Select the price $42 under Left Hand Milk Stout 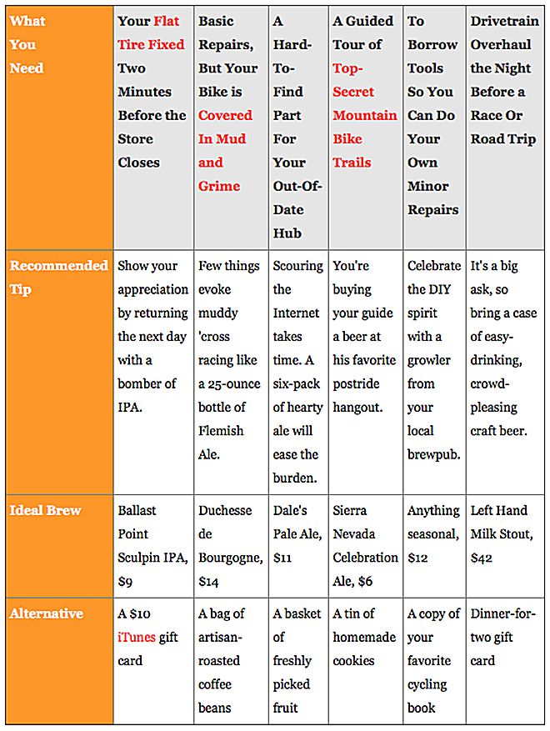pos(482,558)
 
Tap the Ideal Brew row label pos(46,510)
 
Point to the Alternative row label pos(46,613)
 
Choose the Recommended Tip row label pos(58,277)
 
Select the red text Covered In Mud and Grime pos(224,150)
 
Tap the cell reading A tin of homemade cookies pos(365,637)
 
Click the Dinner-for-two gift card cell pos(503,637)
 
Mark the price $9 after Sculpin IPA pos(125,581)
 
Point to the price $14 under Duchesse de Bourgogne pos(207,581)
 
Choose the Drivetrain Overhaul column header pos(503,80)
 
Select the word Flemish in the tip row pos(221,431)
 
